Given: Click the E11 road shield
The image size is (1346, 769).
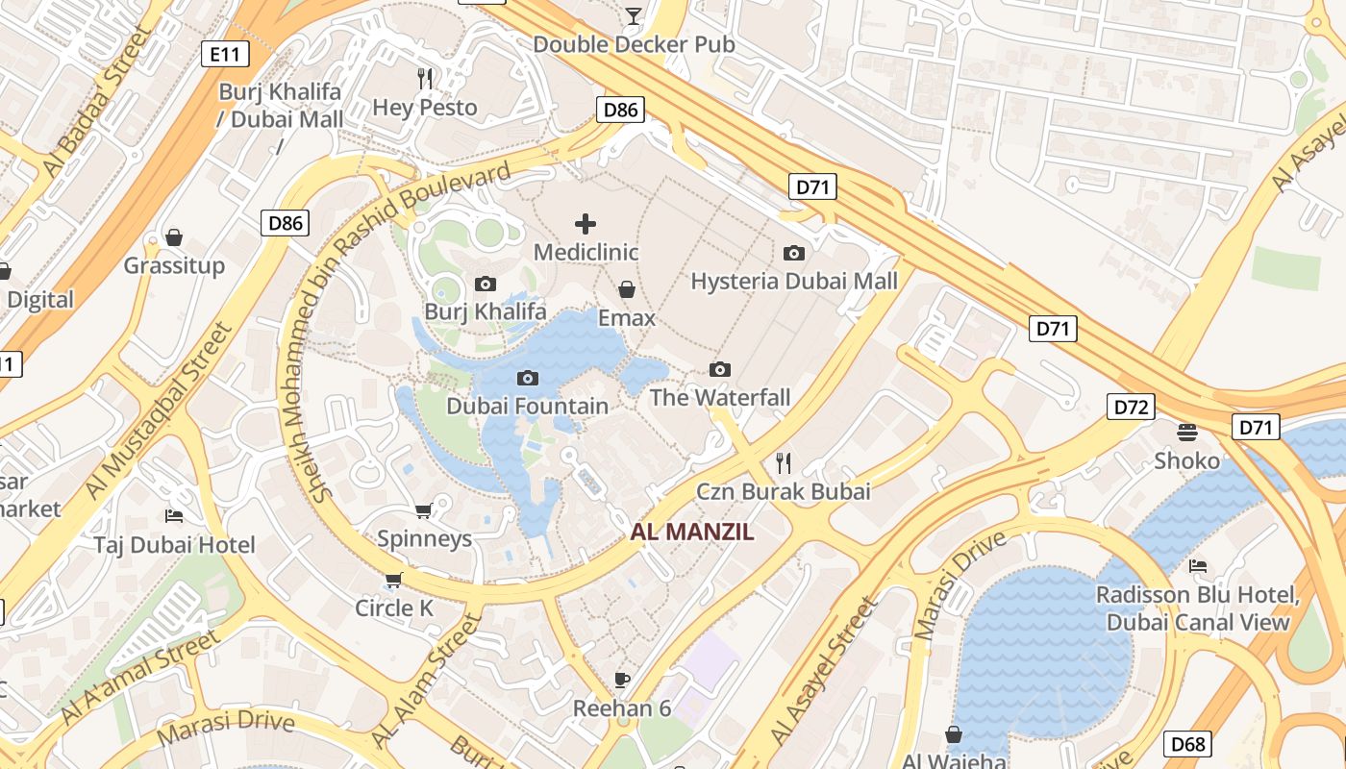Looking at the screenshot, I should [224, 54].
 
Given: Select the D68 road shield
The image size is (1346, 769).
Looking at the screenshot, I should [1187, 743].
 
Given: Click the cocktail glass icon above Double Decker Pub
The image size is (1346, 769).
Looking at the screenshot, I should [634, 15].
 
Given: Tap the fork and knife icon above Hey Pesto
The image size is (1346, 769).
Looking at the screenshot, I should [425, 78].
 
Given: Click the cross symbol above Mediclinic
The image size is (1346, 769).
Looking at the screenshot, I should [586, 224].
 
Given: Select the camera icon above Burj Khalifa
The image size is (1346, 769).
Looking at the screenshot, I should [486, 284].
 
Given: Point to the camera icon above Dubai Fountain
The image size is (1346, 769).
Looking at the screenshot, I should [527, 378].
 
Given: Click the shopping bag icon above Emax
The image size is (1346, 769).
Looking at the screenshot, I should [627, 289].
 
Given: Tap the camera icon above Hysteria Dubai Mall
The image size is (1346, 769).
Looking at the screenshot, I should [794, 253].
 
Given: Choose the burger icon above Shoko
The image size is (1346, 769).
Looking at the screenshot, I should [1187, 432].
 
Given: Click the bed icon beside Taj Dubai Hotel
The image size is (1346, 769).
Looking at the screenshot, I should [174, 516].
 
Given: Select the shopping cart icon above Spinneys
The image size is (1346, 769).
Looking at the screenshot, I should [423, 509].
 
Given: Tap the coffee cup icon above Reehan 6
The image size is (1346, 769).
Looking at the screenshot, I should [622, 680].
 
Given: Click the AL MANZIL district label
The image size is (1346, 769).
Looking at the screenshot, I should [692, 532].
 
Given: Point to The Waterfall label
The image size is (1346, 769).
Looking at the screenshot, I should [720, 397].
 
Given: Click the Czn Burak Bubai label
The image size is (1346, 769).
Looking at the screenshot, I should [784, 491].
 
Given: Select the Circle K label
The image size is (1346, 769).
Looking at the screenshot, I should [394, 608].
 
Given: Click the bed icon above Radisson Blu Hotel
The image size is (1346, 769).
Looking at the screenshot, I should [1198, 565].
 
